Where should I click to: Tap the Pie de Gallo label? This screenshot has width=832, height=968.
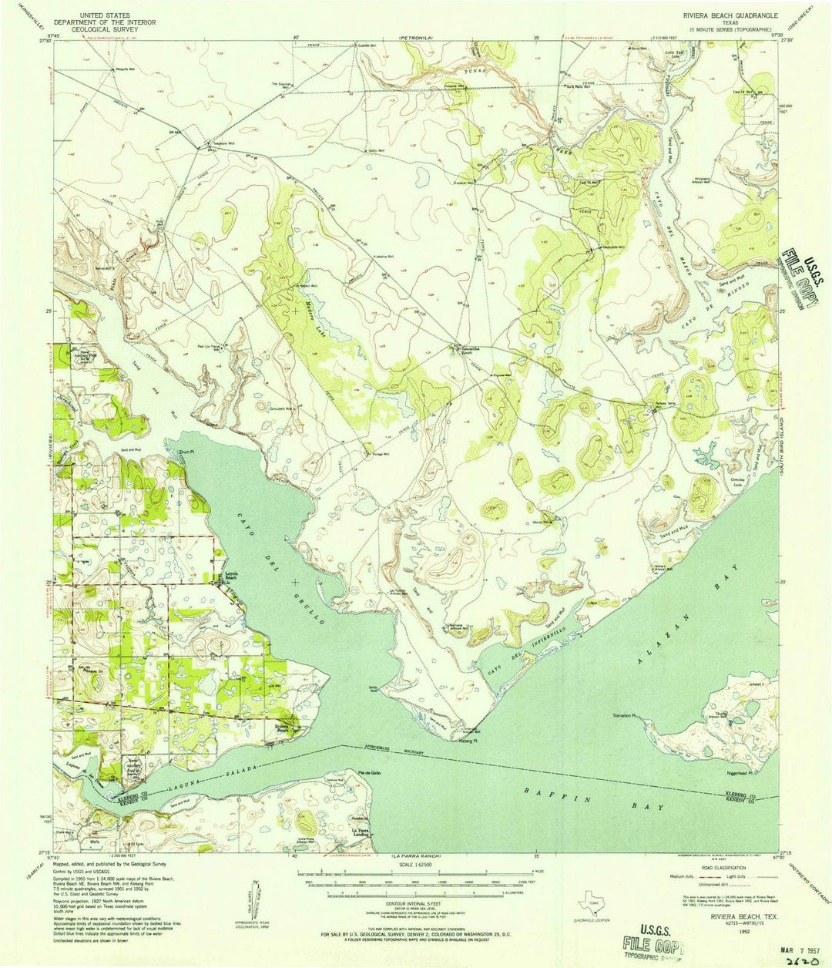pyautogui.click(x=369, y=772)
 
